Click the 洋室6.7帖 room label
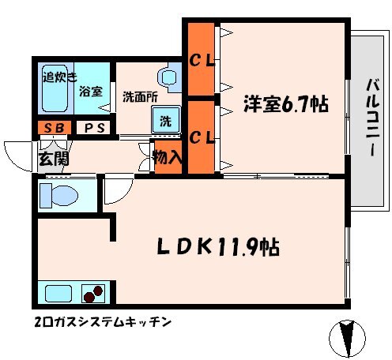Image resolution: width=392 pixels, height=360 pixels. pos(286,104)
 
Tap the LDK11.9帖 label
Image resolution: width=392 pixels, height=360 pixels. pos(218,247)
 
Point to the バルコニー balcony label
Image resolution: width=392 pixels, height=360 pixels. pos(372,118)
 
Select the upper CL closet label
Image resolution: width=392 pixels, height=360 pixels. pos(202,62)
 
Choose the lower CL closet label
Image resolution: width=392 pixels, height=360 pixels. pos(202,137)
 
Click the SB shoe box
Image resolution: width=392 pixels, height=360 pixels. pos(55,128)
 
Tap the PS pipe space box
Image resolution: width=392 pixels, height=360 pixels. pos(93,128)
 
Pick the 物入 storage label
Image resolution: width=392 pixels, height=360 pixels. pos(168,158)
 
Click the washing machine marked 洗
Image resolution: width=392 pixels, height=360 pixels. pos(166,120)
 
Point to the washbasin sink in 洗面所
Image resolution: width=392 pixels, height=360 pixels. pos(168,77)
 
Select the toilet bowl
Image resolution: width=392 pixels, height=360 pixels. pos(59,196)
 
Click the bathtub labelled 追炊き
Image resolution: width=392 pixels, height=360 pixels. pos(55,88)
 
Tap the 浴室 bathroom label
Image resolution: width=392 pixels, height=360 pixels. pos(91,91)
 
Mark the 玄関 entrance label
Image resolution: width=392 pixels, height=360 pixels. pos(54,159)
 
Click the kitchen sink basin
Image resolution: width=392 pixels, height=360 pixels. pos(58,294)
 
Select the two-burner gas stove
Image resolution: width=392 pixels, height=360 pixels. pos(93,294)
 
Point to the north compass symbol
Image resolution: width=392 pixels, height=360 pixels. pos(347,339)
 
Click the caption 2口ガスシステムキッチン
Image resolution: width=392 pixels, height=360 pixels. pos(103,322)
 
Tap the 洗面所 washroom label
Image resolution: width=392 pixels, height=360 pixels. pos(140,97)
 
